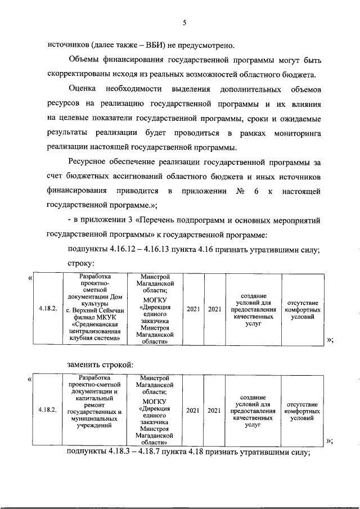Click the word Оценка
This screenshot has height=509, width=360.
point(82,89)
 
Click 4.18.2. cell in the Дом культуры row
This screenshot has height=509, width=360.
point(48,309)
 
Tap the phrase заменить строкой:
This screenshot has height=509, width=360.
point(100,364)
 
